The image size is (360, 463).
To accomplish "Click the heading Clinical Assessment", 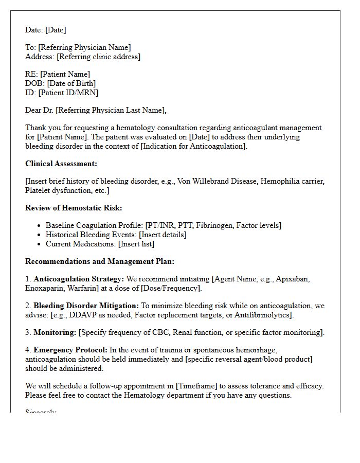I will click(61, 164).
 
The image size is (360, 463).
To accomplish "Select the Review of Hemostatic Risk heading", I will click(74, 208).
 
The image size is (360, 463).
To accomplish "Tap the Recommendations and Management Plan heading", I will click(100, 261).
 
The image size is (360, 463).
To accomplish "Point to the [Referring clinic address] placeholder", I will click(98, 57).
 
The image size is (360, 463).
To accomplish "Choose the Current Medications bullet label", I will click(80, 244).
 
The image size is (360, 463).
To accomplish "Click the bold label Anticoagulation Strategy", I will click(79, 279).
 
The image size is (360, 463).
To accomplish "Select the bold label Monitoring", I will click(55, 332).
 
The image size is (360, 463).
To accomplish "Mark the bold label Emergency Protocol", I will click(70, 350).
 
